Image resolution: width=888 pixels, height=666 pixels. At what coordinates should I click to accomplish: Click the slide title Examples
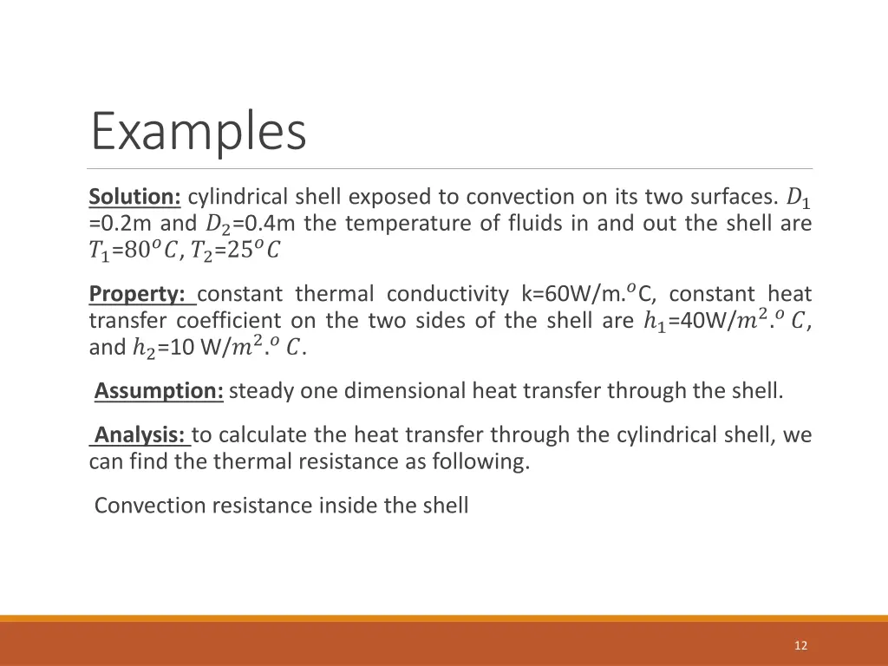pos(199,132)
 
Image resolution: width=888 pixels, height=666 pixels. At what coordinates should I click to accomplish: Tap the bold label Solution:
pos(134,197)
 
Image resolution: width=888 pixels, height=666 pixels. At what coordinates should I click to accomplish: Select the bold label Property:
pos(142,294)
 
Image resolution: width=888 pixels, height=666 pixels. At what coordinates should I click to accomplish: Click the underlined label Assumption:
pos(159,391)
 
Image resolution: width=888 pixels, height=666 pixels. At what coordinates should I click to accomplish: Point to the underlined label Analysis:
pos(141,434)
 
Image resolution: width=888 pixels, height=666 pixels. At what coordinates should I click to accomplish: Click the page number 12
pos(800,645)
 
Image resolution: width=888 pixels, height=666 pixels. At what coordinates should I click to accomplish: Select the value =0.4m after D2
pos(264,224)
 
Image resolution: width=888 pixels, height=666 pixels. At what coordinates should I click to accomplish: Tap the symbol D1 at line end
pos(797,199)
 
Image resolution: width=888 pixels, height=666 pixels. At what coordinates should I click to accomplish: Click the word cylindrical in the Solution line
pos(238,197)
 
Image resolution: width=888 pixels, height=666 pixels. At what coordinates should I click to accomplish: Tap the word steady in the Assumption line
pos(261,391)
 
